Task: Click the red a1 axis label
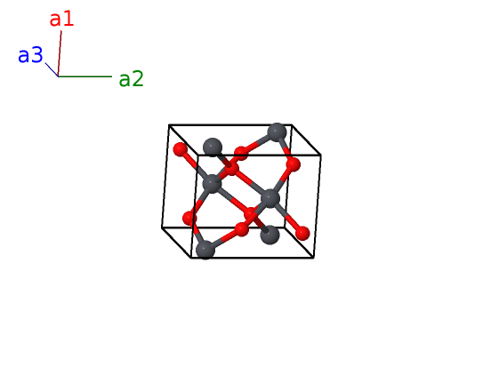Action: coord(61,19)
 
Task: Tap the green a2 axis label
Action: coord(132,79)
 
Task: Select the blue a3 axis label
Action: coord(30,55)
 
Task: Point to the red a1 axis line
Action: coord(60,53)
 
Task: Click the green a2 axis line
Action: coord(85,76)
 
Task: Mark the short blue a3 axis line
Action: coord(52,70)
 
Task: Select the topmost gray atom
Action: coord(277,132)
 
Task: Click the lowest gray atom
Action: coord(205,250)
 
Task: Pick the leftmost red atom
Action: coord(181,150)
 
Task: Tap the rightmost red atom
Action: coord(302,233)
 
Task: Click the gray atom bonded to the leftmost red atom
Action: coord(212,184)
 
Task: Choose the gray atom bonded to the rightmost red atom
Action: coord(270,199)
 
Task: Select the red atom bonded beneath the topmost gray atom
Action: coord(293,165)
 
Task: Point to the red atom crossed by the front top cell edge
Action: coord(241,153)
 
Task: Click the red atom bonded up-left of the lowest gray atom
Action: coord(189,219)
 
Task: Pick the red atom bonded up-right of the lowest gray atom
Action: coord(242,229)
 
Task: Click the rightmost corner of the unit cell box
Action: coord(321,155)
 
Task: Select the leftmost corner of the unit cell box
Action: coord(162,227)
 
